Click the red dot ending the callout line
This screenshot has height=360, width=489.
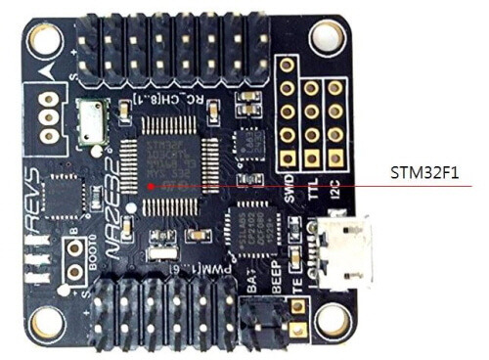point(148,183)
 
